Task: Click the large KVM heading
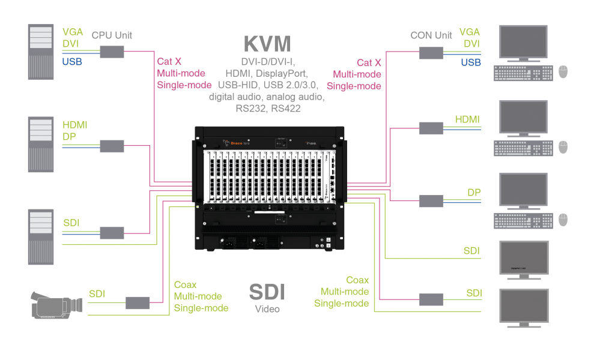coord(267,44)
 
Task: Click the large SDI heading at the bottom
coord(267,292)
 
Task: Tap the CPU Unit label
coord(112,35)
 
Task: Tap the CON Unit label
coord(431,35)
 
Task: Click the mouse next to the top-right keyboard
coord(563,72)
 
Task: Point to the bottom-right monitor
coord(524,307)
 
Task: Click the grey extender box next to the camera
coord(138,302)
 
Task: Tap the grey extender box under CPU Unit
coord(112,52)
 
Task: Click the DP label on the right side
coord(474,193)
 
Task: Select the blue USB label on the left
coord(72,61)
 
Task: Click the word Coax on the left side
coord(186,284)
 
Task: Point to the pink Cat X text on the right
coord(369,62)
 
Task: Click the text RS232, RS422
coord(267,109)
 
